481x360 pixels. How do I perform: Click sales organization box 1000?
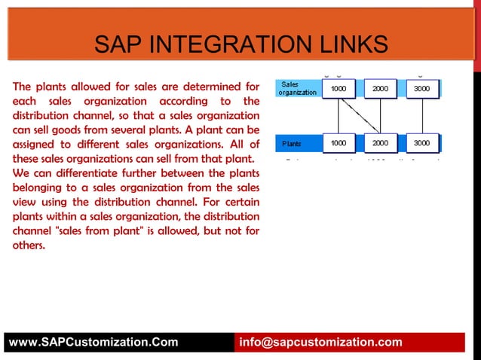339,89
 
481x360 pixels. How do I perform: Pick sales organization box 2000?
381,89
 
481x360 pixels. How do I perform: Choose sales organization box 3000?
422,89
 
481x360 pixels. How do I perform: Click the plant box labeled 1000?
339,142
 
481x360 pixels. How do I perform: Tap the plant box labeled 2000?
381,142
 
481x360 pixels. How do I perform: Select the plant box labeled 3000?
422,142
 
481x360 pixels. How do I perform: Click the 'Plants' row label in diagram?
292,143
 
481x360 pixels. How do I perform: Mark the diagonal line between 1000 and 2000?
359,115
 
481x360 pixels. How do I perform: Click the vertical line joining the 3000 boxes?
422,115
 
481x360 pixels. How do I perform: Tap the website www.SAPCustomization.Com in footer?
93,343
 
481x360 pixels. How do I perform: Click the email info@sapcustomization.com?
320,343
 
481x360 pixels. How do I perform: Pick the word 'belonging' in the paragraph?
38,188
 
